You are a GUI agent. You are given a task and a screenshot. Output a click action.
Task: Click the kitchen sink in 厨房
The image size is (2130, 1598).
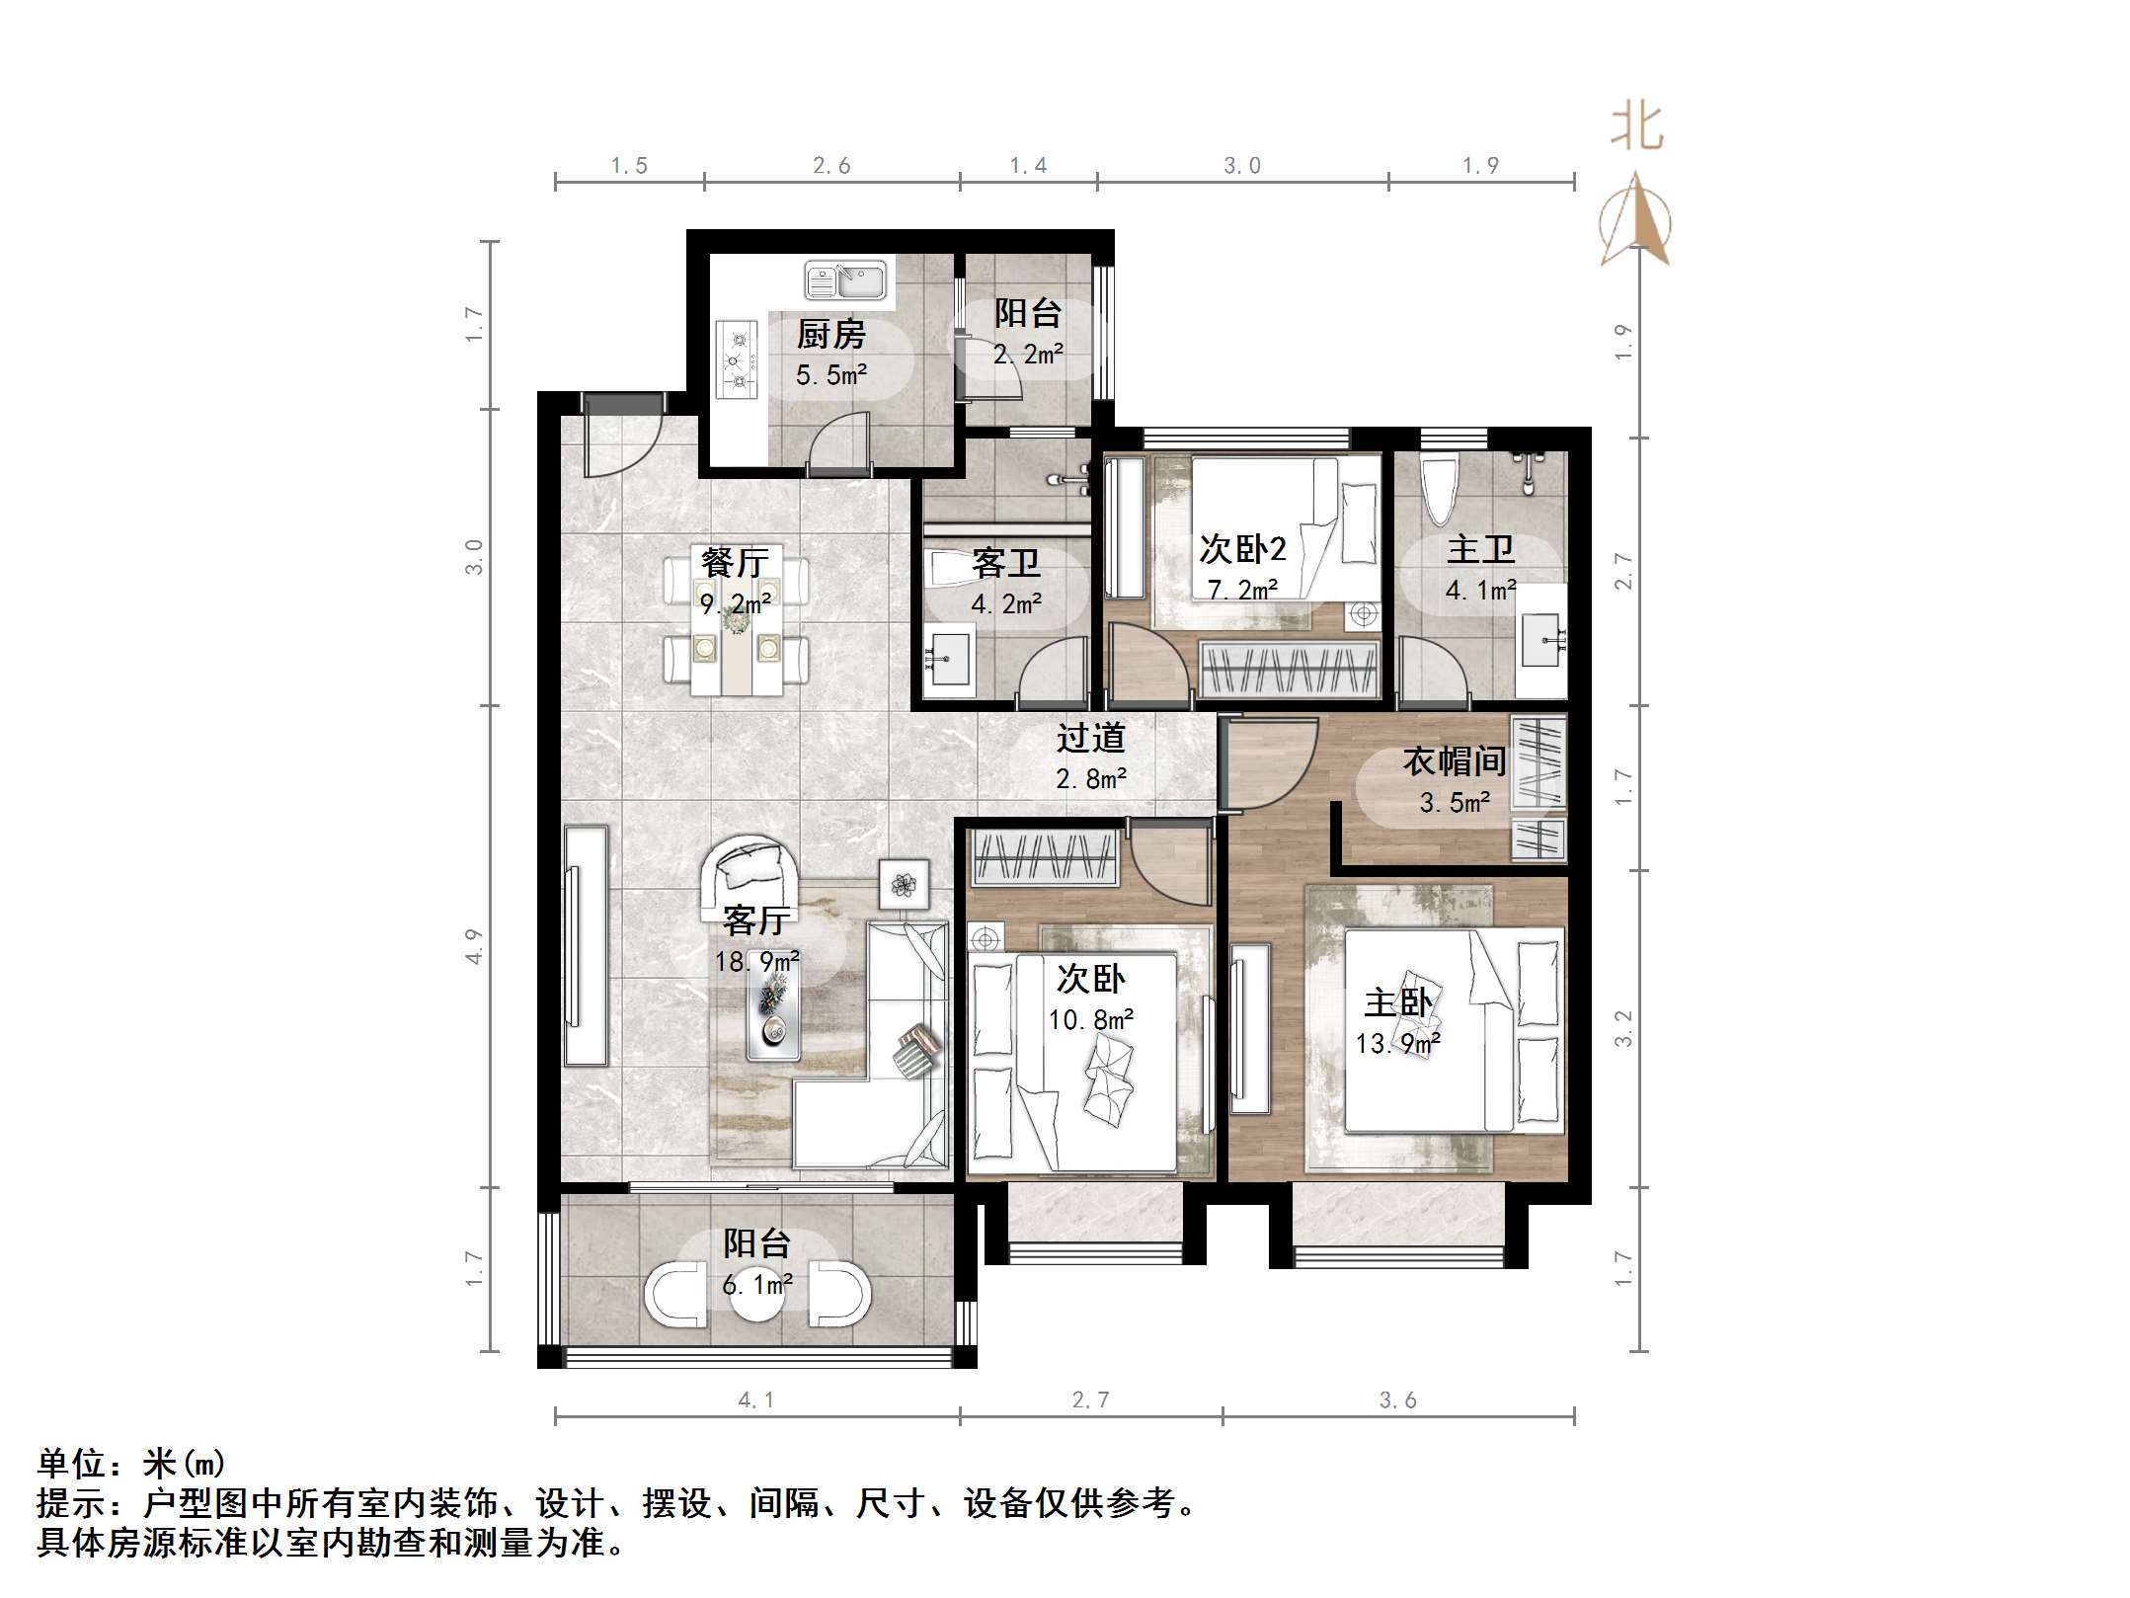point(846,280)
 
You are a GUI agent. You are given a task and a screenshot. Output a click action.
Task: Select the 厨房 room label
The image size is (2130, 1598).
point(830,335)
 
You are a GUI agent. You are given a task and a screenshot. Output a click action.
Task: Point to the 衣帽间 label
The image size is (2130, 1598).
point(1455,761)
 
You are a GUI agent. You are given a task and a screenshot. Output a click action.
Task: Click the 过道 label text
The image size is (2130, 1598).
point(1090,738)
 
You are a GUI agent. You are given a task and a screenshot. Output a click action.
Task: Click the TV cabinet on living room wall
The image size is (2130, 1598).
point(586,945)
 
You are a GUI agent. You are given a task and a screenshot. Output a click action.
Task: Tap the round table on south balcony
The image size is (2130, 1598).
point(757,1298)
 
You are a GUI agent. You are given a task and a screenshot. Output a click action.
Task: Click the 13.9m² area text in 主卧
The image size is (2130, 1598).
point(1397,1043)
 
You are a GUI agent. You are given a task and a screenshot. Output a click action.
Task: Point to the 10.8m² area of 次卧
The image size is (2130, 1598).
point(1090,1019)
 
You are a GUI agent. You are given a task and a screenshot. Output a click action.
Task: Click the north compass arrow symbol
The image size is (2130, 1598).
point(1635,221)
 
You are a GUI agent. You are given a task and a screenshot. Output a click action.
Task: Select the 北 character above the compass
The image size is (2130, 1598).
point(1636,129)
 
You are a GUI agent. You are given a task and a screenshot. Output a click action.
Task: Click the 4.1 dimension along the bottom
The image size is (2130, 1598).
point(755,1399)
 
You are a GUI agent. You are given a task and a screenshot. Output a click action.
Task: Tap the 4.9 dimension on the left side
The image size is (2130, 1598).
point(475,946)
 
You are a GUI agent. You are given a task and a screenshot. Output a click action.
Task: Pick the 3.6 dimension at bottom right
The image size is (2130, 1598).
point(1397,1399)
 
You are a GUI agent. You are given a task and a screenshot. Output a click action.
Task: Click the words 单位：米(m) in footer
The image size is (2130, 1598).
point(131,1463)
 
